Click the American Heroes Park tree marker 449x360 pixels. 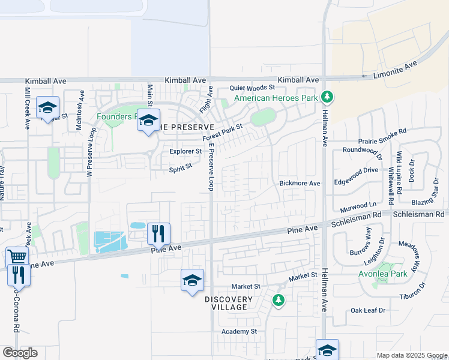pos(327,96)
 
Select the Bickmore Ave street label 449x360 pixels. pos(300,182)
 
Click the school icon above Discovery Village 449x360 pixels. pos(192,280)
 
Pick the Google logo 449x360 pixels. pos(20,352)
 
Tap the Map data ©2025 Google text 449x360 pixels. pos(411,355)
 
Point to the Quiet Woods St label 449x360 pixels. pos(252,88)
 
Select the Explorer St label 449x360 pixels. pos(185,151)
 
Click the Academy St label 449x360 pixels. pos(238,331)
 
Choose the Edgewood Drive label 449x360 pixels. pos(357,170)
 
